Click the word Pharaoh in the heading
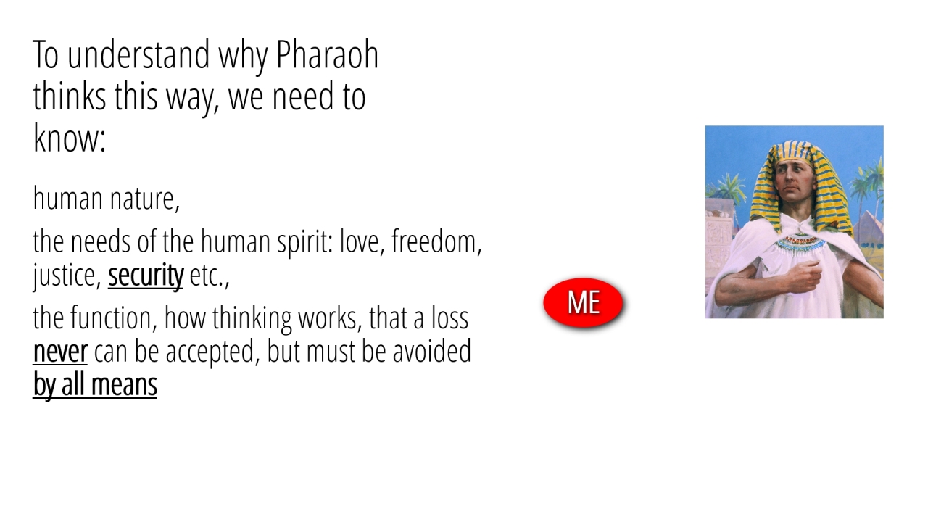pyautogui.click(x=327, y=54)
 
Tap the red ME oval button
pyautogui.click(x=584, y=303)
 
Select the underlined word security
pyautogui.click(x=146, y=275)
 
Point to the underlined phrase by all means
pyautogui.click(x=95, y=385)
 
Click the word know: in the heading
pyautogui.click(x=69, y=138)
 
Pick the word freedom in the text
pyautogui.click(x=436, y=241)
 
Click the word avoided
pyautogui.click(x=431, y=351)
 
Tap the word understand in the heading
pyautogui.click(x=138, y=54)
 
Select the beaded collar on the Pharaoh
pyautogui.click(x=800, y=244)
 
